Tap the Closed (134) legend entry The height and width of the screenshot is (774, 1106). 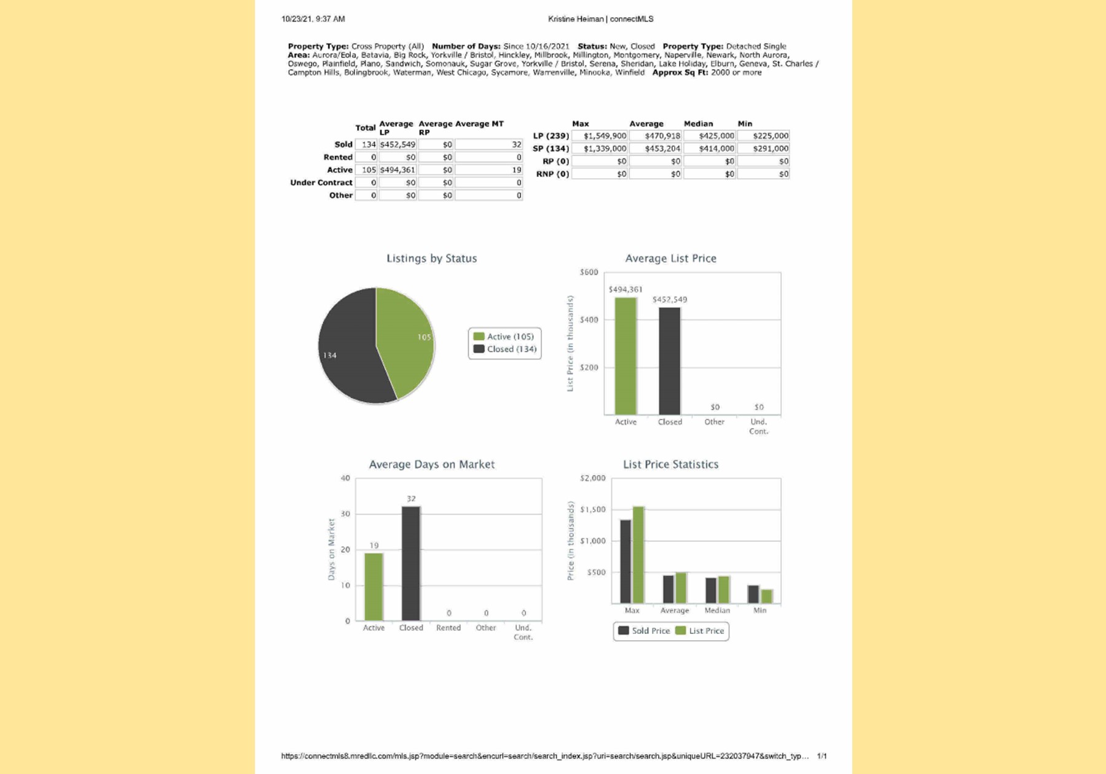click(x=505, y=349)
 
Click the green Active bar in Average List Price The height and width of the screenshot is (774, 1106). click(x=626, y=356)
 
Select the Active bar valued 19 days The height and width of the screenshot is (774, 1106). click(x=374, y=587)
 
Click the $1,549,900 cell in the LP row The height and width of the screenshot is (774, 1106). click(x=600, y=136)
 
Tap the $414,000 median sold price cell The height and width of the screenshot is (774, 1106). click(x=710, y=149)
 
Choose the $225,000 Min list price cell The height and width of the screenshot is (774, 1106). click(x=764, y=136)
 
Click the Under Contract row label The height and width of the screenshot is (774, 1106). click(x=321, y=182)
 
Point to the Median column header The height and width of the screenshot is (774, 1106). click(x=698, y=123)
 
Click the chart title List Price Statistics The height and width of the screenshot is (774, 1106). click(x=670, y=464)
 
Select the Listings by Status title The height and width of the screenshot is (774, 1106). click(x=431, y=259)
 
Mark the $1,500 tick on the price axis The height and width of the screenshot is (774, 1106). click(x=592, y=509)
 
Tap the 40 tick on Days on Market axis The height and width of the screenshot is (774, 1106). click(x=345, y=478)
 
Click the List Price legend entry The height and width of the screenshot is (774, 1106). click(x=700, y=631)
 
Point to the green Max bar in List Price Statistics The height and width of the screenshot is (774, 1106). click(x=638, y=555)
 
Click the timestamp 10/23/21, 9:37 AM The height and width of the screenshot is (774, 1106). click(x=313, y=19)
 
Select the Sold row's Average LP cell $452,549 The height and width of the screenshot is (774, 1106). click(x=398, y=144)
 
